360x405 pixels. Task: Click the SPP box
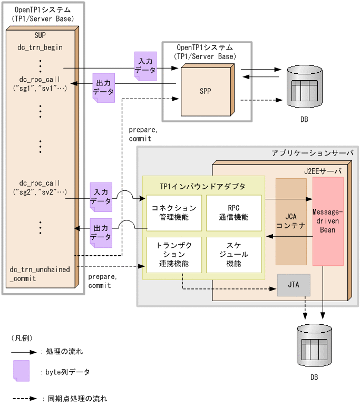click(x=205, y=91)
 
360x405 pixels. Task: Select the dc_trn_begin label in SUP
click(x=40, y=47)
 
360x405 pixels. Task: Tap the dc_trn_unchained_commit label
click(x=40, y=274)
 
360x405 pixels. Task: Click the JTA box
click(x=294, y=285)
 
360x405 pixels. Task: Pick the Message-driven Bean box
click(x=328, y=221)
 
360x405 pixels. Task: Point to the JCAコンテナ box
click(x=291, y=221)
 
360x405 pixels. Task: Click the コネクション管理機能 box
click(x=174, y=213)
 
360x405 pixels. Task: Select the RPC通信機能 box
click(x=233, y=213)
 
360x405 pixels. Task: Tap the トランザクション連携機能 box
click(x=174, y=255)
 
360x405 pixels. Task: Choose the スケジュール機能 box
click(x=233, y=255)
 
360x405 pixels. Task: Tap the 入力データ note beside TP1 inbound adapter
click(x=101, y=197)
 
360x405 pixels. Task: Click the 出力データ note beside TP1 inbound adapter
click(x=101, y=233)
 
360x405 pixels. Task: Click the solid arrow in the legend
click(x=24, y=351)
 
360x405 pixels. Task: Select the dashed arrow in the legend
click(x=24, y=399)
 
